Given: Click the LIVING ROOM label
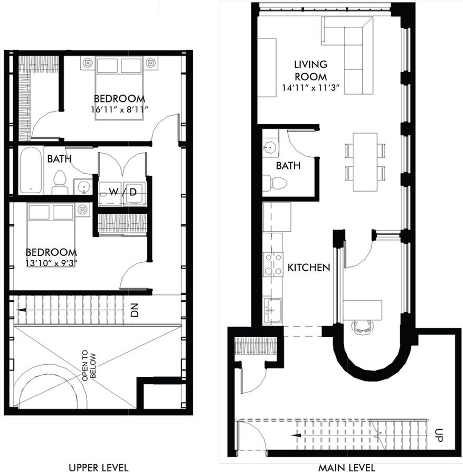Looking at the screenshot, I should tap(310, 70).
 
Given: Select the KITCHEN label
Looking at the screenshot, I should tap(308, 268).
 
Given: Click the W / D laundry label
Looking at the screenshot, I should tap(122, 192).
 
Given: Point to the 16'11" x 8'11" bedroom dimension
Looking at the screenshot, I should tap(119, 110).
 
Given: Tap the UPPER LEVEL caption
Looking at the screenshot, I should tap(99, 468).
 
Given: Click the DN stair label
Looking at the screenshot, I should tap(134, 311).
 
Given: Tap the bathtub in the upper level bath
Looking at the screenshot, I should tap(31, 170).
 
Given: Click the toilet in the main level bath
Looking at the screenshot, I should tap(275, 183).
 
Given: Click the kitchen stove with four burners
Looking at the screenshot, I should tap(273, 264).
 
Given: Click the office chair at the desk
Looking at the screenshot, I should tap(362, 326).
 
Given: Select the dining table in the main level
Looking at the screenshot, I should tap(365, 162).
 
